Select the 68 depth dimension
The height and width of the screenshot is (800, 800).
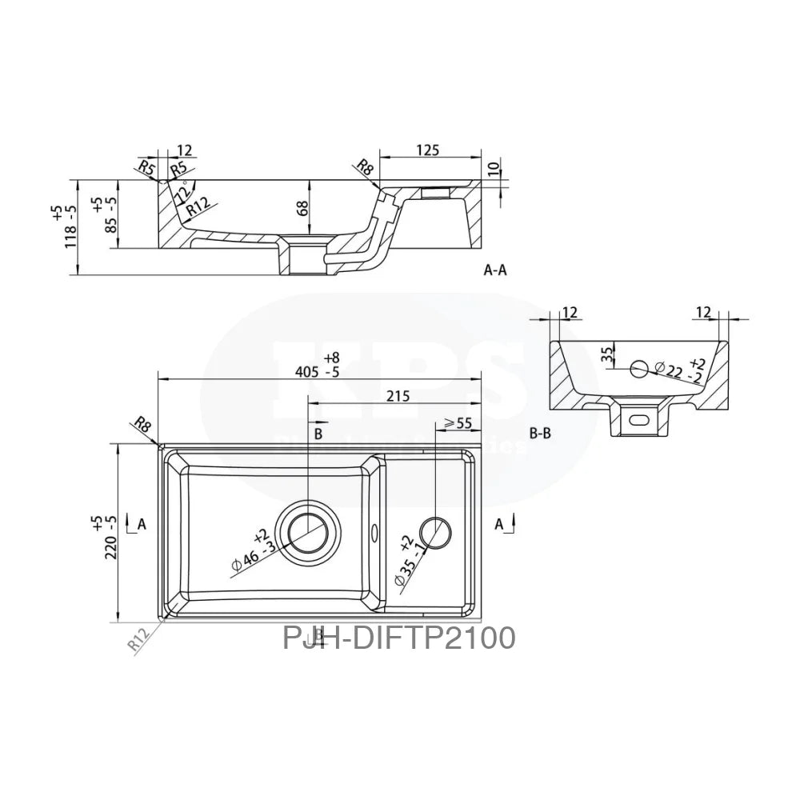(x=302, y=209)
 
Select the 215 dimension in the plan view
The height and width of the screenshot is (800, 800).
(x=397, y=395)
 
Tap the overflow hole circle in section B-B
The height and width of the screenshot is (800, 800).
(x=639, y=369)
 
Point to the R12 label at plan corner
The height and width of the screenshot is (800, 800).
(x=141, y=639)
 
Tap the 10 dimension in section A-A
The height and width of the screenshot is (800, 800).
(x=494, y=170)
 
